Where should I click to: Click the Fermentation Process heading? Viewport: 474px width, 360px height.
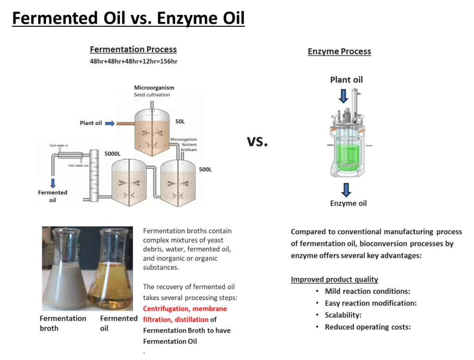(x=133, y=50)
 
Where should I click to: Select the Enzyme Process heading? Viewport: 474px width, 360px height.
(x=339, y=51)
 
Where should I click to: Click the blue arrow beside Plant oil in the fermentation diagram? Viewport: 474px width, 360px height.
(x=110, y=123)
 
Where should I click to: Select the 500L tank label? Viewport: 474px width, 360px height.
(x=205, y=170)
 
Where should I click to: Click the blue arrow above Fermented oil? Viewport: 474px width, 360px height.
(x=53, y=183)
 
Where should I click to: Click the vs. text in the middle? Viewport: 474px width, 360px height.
(x=257, y=141)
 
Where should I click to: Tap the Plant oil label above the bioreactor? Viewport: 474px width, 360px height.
(x=346, y=80)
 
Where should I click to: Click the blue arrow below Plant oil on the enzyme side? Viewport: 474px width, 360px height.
(x=343, y=96)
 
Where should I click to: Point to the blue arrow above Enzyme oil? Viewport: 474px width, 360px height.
(x=346, y=189)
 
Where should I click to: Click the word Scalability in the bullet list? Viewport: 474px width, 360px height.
(x=343, y=316)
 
